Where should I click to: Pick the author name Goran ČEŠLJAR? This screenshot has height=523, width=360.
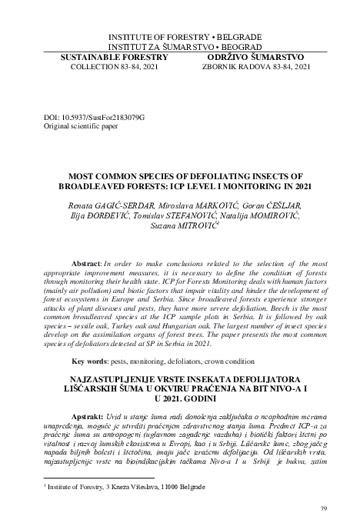(x=270, y=207)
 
